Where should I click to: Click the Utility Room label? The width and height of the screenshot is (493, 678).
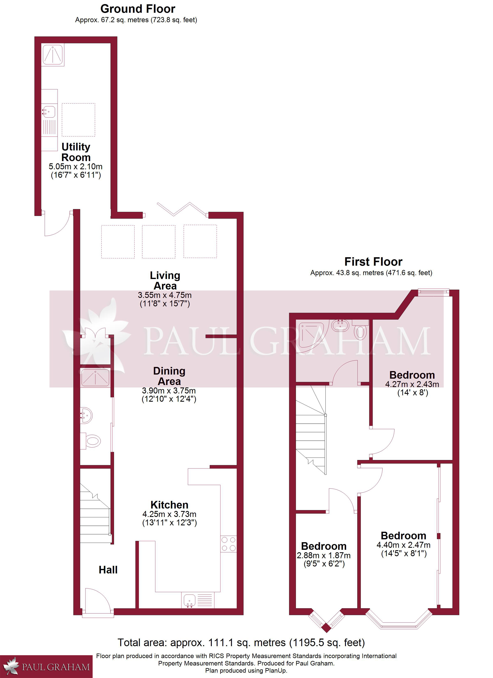click(76, 152)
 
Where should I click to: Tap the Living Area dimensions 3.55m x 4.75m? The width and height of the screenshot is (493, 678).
click(165, 295)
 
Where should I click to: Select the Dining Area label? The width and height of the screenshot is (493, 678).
click(169, 376)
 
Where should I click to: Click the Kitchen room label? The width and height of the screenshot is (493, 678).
click(169, 505)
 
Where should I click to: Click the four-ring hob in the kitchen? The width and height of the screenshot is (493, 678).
click(228, 544)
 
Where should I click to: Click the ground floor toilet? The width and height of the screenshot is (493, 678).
click(90, 441)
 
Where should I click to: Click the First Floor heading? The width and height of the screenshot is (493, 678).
click(373, 262)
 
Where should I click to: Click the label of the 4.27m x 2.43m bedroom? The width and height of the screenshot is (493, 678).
click(412, 375)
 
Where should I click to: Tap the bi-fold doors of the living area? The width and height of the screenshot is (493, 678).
click(182, 209)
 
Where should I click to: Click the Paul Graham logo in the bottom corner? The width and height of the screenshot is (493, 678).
click(46, 667)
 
